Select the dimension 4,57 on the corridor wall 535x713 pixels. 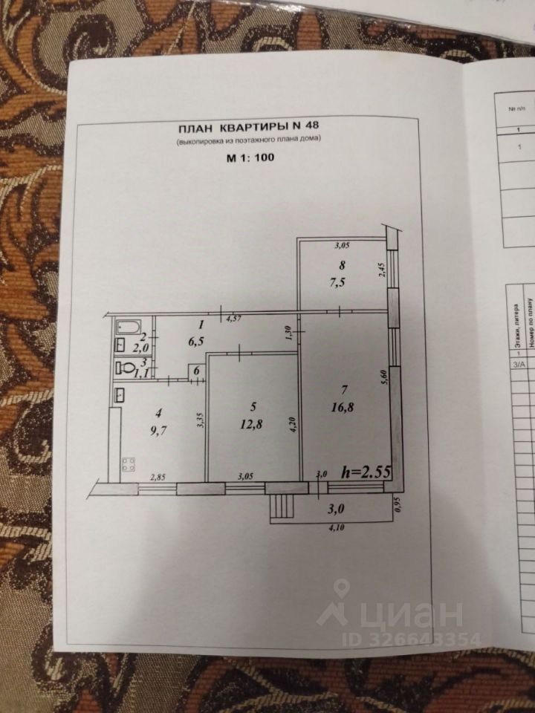click(234, 318)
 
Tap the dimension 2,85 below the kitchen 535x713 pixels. click(158, 478)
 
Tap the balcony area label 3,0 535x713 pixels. click(337, 509)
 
